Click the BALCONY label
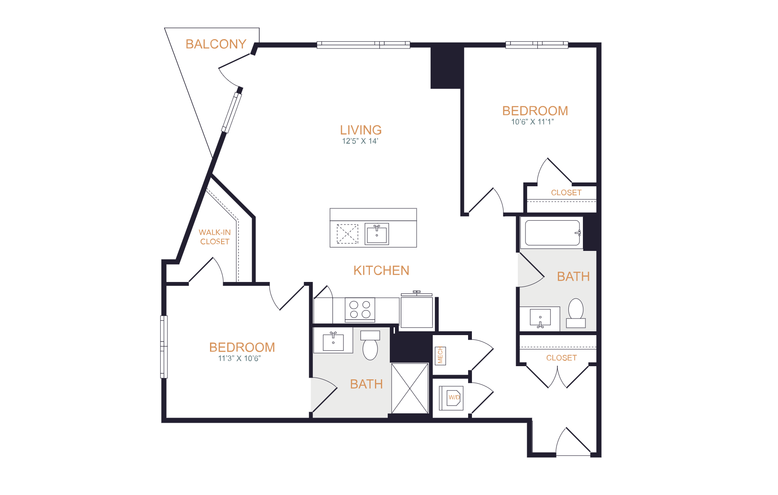point(216,44)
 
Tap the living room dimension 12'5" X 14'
point(360,141)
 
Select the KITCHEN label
point(381,270)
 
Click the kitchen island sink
point(377,234)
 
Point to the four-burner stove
point(360,310)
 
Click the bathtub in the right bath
point(552,233)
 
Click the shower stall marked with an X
point(410,388)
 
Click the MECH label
point(440,356)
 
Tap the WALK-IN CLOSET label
point(215,237)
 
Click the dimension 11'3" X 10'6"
point(239,358)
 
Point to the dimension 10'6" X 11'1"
point(532,122)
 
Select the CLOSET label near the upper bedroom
point(566,193)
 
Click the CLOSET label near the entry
point(561,358)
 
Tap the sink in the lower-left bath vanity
point(333,341)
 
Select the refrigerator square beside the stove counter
point(417,312)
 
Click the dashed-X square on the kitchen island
point(347,234)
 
